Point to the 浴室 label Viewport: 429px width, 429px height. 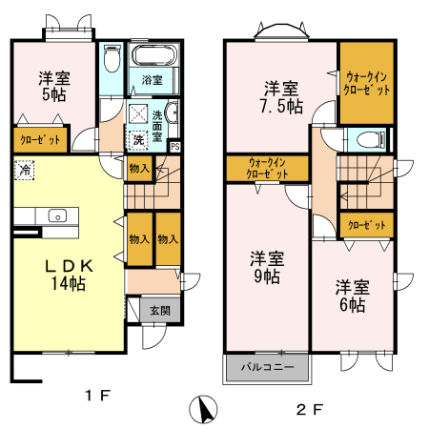(152, 79)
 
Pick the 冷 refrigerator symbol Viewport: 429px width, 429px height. (23, 171)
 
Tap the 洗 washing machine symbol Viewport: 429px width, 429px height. (139, 139)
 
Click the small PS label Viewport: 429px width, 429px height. (174, 146)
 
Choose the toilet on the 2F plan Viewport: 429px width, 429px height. (366, 139)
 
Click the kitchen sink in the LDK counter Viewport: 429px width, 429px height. (56, 215)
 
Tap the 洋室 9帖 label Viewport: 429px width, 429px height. (266, 267)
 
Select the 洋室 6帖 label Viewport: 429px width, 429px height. (351, 295)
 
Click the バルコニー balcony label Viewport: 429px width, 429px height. (267, 367)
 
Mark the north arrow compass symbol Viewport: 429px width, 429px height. (203, 409)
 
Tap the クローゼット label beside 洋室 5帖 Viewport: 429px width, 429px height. (39, 140)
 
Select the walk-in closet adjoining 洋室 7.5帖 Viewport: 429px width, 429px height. (367, 83)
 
